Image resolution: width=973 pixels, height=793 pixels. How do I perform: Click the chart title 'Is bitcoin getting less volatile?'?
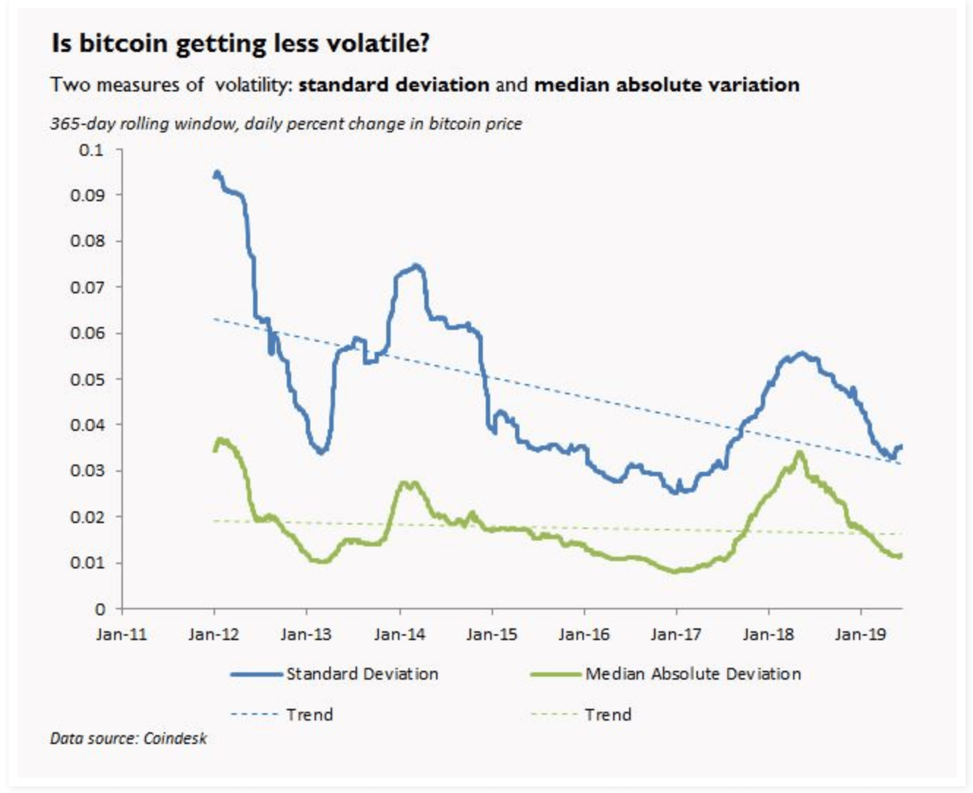(240, 44)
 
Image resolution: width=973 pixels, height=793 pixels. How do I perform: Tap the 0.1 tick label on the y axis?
(91, 150)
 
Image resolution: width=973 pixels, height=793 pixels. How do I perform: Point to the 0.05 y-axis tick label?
(87, 380)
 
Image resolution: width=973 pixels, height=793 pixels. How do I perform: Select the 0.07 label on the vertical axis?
(87, 287)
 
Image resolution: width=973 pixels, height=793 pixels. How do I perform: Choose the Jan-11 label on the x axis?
(121, 634)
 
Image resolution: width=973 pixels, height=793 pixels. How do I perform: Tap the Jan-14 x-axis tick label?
(399, 634)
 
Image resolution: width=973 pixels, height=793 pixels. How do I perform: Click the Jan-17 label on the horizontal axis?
(676, 634)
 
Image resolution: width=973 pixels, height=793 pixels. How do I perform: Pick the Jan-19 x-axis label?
(860, 634)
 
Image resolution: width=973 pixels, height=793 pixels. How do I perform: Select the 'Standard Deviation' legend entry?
(361, 674)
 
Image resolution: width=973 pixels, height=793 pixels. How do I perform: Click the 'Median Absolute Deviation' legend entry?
(692, 674)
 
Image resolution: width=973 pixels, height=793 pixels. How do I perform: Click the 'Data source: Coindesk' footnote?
(129, 738)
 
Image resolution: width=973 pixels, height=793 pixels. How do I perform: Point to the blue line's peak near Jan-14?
(416, 266)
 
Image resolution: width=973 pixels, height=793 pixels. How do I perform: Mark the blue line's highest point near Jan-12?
(217, 173)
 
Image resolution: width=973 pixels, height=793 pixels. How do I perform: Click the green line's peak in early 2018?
(800, 453)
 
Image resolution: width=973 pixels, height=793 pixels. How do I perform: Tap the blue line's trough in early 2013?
(320, 451)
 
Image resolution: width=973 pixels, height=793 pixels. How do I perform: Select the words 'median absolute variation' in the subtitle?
(666, 85)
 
